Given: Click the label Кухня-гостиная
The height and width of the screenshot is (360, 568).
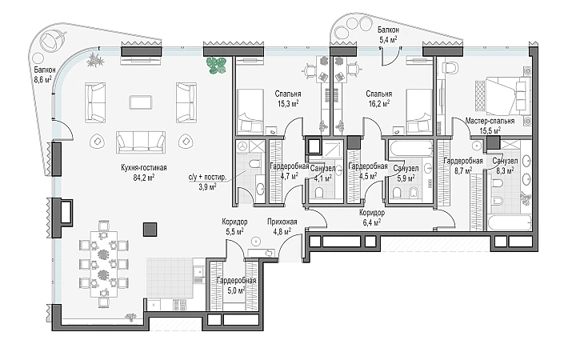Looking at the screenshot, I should click(x=138, y=168).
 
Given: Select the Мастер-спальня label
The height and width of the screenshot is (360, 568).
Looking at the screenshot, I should click(x=489, y=121).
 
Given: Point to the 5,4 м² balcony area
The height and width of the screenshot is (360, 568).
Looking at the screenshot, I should click(x=388, y=38).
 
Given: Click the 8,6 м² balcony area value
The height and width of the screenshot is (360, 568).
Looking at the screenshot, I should click(x=43, y=80).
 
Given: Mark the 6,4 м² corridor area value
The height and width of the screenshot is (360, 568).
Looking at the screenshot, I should click(x=372, y=223).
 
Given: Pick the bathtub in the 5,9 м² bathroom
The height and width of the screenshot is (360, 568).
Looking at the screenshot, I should click(x=406, y=147).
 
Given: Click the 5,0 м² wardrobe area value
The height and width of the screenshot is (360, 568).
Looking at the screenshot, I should click(x=237, y=291).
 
